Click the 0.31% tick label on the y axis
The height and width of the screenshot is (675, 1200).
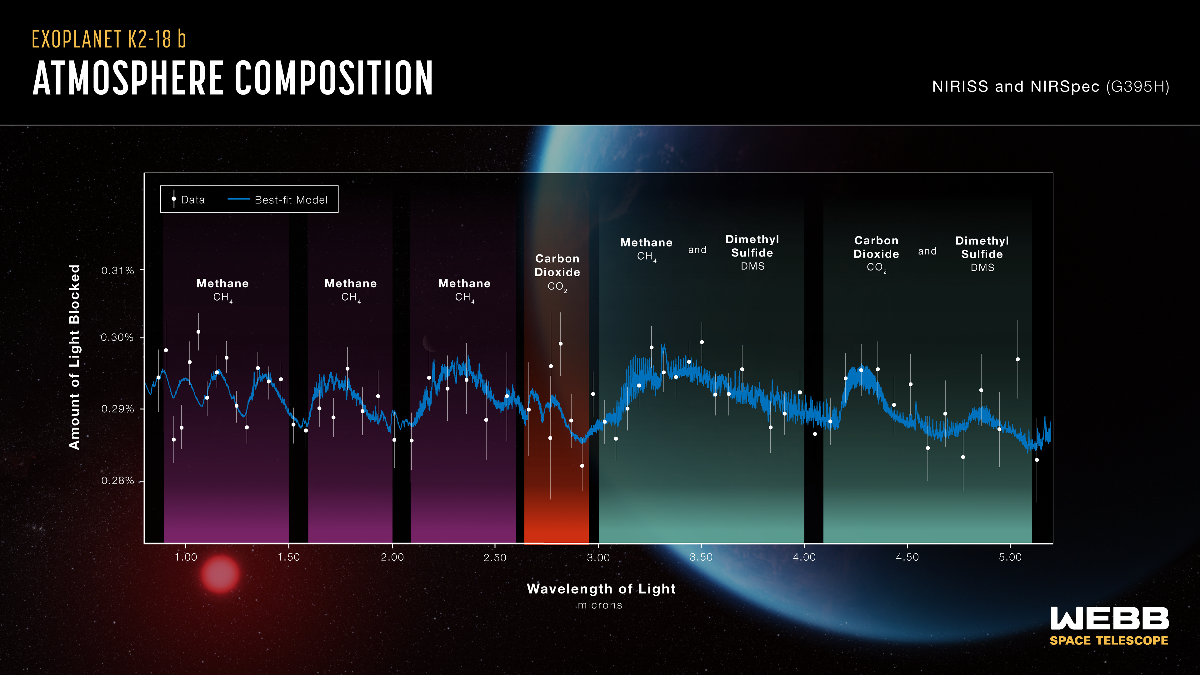[117, 271]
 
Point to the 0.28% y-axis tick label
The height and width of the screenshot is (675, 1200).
[117, 481]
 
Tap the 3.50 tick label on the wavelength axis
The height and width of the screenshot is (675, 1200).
[701, 557]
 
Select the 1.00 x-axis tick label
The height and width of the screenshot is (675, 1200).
[186, 557]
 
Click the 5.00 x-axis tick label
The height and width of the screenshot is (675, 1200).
[1010, 557]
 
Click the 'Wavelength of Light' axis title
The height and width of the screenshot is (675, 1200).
[601, 589]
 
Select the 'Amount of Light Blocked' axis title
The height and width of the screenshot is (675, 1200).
[75, 357]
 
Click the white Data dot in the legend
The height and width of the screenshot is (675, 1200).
[174, 199]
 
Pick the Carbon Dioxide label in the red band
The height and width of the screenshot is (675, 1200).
[557, 266]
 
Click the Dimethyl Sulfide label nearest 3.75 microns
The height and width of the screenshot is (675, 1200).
[752, 247]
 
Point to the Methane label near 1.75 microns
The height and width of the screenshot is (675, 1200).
[350, 284]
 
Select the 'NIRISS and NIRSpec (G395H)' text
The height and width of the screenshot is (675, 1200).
[1050, 87]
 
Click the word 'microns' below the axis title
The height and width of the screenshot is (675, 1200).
[600, 605]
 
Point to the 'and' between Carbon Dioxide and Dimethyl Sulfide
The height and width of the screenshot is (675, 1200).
[927, 252]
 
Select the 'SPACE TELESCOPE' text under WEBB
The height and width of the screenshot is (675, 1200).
[1109, 641]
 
